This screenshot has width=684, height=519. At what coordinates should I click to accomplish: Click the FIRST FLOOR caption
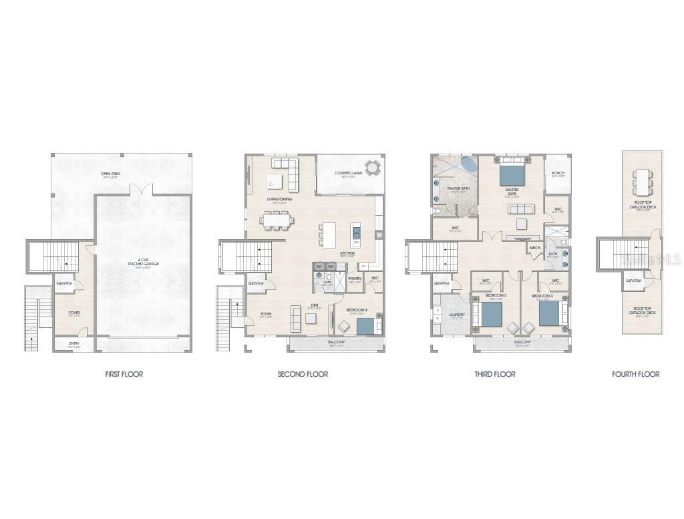[x=124, y=374]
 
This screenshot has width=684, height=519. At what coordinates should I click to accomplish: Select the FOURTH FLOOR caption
[x=635, y=374]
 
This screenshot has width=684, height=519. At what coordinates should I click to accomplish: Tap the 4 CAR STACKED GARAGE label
[x=144, y=262]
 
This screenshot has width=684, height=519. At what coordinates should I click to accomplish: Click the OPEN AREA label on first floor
[x=110, y=174]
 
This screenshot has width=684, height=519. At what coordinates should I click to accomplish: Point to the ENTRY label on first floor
[x=73, y=344]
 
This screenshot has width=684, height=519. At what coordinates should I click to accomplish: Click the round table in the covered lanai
[x=371, y=167]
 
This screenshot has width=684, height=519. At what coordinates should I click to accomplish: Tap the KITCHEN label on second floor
[x=347, y=253]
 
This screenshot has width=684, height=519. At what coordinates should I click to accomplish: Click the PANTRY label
[x=355, y=279]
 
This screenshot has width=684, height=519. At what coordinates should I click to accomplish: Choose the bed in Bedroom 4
[x=365, y=326]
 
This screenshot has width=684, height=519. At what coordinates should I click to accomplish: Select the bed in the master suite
[x=512, y=173]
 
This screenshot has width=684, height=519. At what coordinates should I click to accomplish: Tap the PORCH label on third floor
[x=558, y=173]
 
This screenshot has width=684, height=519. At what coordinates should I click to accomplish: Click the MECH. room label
[x=535, y=248]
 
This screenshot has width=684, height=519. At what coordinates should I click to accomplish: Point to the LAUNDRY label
[x=457, y=315]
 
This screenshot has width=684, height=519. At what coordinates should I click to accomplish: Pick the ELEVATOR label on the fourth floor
[x=634, y=281]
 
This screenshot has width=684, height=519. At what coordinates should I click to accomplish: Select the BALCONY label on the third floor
[x=522, y=341]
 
